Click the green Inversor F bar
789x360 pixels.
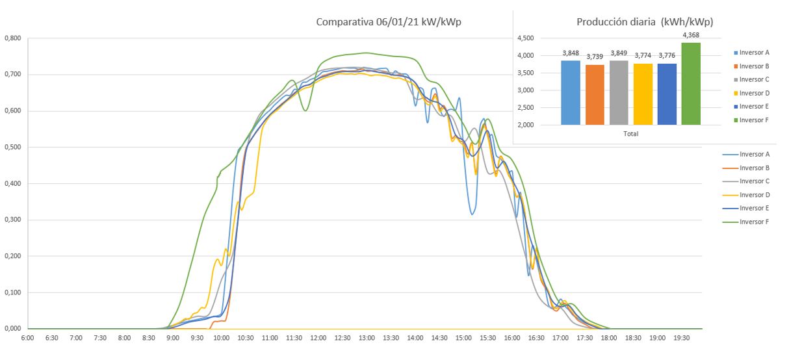691,84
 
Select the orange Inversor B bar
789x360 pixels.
595,95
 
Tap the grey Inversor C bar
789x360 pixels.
619,93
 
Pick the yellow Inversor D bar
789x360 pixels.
643,94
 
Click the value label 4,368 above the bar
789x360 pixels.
691,35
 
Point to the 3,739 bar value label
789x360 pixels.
595,57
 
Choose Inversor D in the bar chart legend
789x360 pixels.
752,93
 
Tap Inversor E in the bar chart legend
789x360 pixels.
752,107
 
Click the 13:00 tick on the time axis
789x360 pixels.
367,338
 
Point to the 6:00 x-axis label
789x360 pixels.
27,338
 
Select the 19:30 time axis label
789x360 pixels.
681,338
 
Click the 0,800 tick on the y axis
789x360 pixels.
13,38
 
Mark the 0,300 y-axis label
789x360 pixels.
13,220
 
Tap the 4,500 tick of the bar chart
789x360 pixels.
526,38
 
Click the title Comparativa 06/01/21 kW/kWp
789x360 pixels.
389,22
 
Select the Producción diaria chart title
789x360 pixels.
645,22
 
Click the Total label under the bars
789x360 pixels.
630,134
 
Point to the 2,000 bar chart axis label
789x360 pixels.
526,125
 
